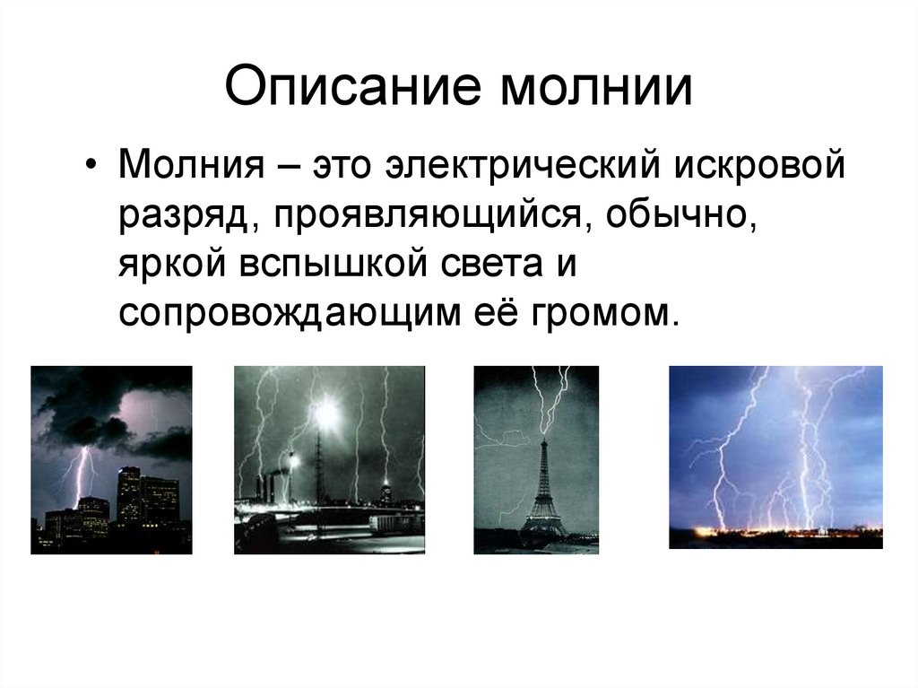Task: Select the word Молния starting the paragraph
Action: [x=189, y=168]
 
